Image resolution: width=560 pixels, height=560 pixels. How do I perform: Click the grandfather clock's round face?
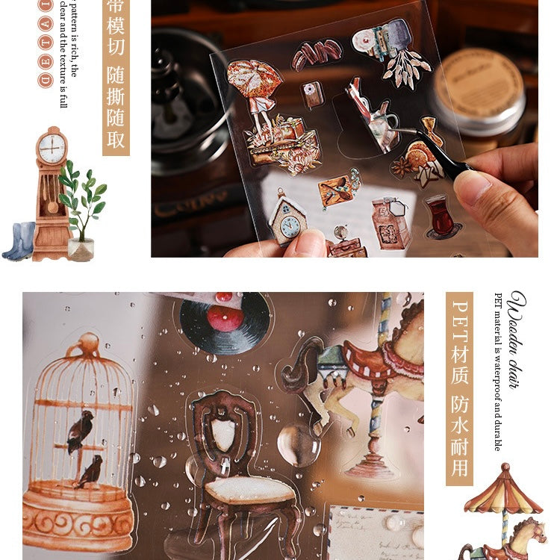click(52, 148)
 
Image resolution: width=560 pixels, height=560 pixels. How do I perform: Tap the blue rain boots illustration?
click(19, 241)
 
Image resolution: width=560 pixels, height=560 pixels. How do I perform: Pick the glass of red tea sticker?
click(438, 215)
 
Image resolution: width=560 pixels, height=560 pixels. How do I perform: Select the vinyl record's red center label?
click(224, 317)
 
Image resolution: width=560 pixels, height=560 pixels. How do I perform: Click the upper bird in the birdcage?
click(80, 432)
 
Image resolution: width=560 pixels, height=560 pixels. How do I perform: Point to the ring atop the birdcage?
click(88, 343)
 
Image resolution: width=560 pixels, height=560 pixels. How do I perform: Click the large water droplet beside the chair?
click(298, 444)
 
